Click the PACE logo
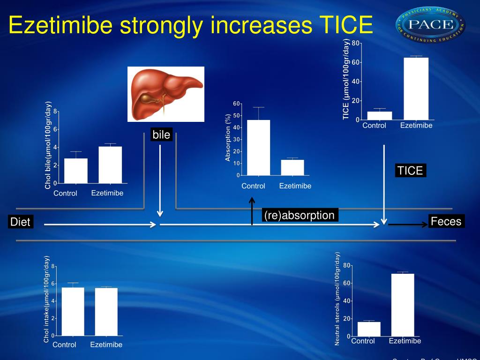pyautogui.click(x=430, y=25)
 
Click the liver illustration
pyautogui.click(x=166, y=94)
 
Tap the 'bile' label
pyautogui.click(x=161, y=135)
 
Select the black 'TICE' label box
pyautogui.click(x=410, y=171)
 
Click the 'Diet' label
pyautogui.click(x=20, y=222)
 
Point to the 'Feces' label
pyautogui.click(x=446, y=221)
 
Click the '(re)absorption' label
pyautogui.click(x=299, y=215)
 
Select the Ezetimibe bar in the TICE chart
pyautogui.click(x=416, y=89)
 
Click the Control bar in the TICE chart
pyautogui.click(x=379, y=115)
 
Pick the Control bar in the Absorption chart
pyautogui.click(x=258, y=148)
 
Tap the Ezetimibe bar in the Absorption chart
pyautogui.click(x=292, y=167)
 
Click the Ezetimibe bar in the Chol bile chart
pyautogui.click(x=110, y=165)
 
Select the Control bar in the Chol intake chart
pyautogui.click(x=73, y=311)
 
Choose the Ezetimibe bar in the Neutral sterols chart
pyautogui.click(x=403, y=305)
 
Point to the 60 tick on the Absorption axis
pyautogui.click(x=236, y=104)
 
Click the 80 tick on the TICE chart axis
pyautogui.click(x=356, y=44)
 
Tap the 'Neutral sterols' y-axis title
pyautogui.click(x=337, y=299)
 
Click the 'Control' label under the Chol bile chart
pyautogui.click(x=65, y=193)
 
